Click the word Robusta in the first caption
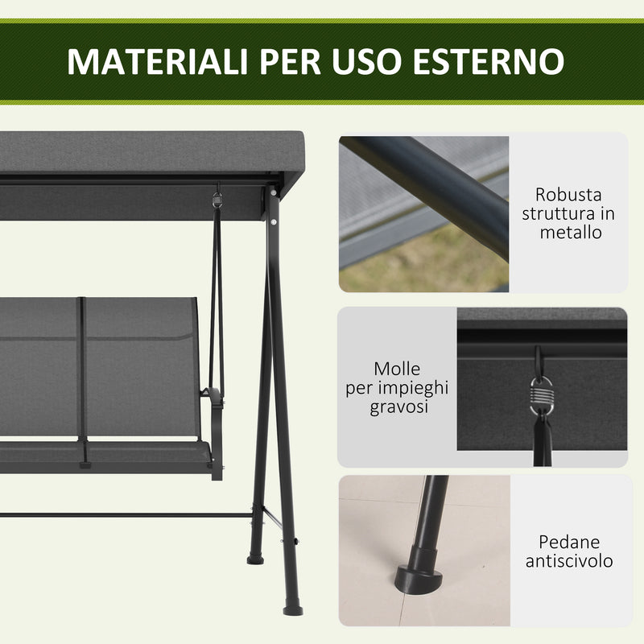click(x=568, y=195)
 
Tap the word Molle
click(x=397, y=369)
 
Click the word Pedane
click(x=568, y=542)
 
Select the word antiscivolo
click(x=568, y=561)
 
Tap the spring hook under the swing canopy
click(x=217, y=198)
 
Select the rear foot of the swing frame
click(x=257, y=555)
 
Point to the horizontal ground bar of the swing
click(x=121, y=515)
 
